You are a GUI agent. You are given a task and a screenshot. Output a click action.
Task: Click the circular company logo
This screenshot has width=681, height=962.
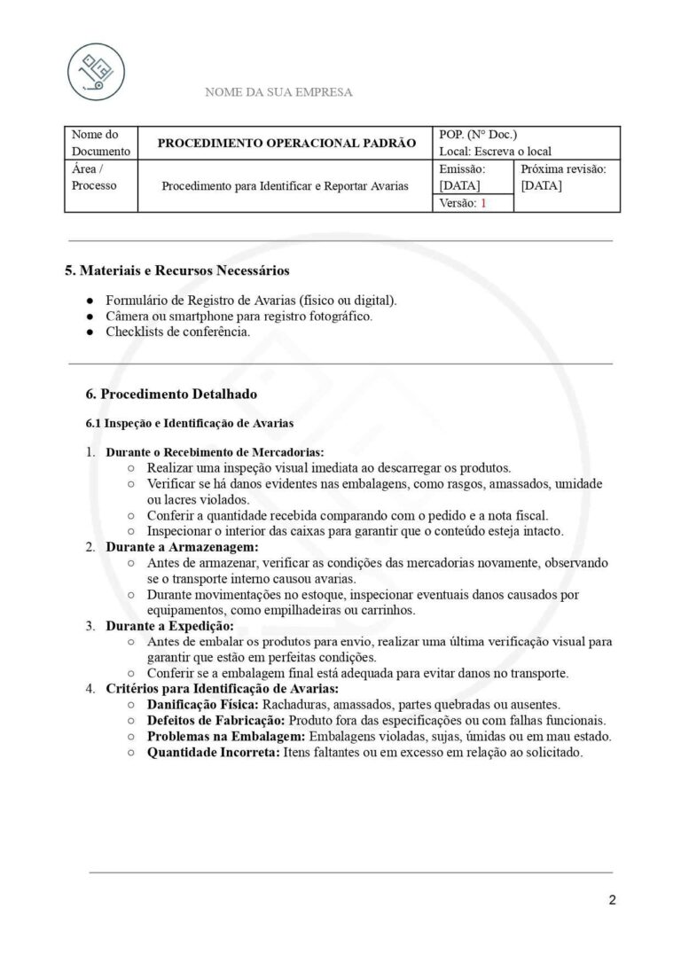pos(96,71)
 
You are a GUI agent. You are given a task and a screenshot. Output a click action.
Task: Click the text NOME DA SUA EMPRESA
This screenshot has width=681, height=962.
pos(278,92)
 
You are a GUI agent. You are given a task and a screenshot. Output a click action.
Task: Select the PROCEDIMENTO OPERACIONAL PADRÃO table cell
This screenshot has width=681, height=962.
pos(286,143)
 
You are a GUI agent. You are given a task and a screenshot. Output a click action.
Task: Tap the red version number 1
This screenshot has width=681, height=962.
pos(483,203)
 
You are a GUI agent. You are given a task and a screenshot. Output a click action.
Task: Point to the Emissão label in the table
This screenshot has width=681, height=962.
pos(462,168)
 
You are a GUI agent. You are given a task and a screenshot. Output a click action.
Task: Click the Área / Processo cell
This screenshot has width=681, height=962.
pos(100,177)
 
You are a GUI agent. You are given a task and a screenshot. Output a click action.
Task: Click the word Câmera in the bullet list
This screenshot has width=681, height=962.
pos(128,317)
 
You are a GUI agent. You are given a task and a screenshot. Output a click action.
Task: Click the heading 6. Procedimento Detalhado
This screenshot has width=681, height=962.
pos(172,394)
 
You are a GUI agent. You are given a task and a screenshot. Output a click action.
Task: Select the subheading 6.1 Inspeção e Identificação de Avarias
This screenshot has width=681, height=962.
pos(189,423)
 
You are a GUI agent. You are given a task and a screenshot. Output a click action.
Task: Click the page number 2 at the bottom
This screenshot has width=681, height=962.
pos(612,901)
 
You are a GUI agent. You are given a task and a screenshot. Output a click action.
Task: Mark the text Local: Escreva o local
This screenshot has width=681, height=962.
pos(495,152)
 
